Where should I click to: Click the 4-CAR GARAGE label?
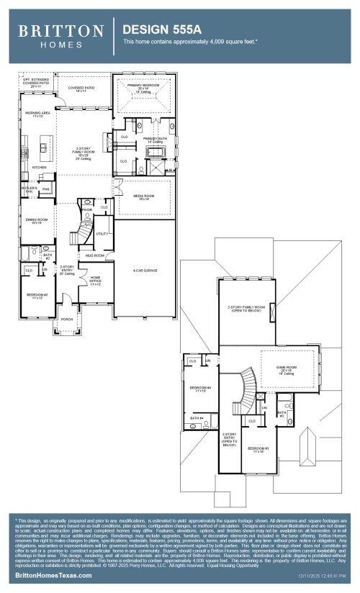tap(145, 271)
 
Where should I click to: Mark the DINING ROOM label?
tap(37, 221)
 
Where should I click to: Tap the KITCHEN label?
tap(39, 168)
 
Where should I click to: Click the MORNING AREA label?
tap(37, 114)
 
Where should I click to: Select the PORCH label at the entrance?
tap(67, 320)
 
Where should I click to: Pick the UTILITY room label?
tap(102, 234)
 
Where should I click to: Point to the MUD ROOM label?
tap(95, 255)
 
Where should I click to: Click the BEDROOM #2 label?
tap(37, 296)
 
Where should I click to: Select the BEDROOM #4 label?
tap(199, 389)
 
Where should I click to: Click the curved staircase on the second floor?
tap(247, 389)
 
